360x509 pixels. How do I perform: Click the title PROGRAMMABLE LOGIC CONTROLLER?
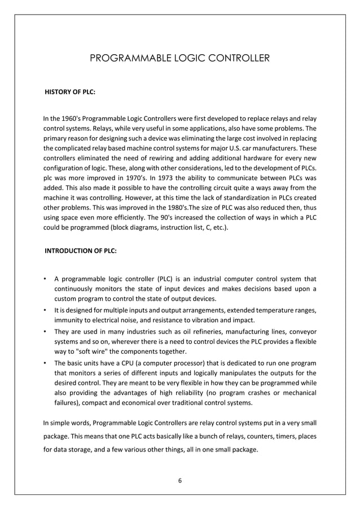[x=180, y=58]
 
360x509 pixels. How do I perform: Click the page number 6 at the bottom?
[x=180, y=480]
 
